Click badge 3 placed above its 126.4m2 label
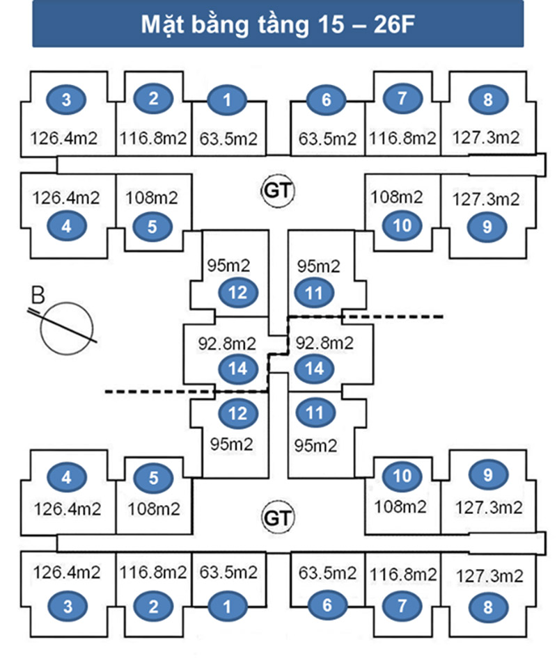[67, 100]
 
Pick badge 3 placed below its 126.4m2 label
[67, 606]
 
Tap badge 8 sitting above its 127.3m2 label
[487, 100]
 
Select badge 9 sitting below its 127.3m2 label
[487, 226]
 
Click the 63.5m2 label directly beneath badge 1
[228, 138]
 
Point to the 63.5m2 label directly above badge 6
[327, 573]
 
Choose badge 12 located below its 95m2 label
[238, 293]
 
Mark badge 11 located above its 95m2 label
[315, 413]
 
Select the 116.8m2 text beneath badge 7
[402, 138]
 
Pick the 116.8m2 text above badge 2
[153, 573]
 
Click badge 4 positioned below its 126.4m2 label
[67, 226]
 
